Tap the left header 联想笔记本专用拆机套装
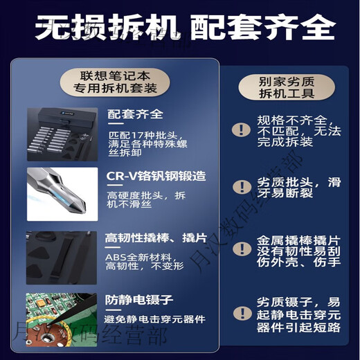coord(114,81)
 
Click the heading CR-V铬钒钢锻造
coord(156,176)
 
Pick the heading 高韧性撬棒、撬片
coord(155,238)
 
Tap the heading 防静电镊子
coord(138,300)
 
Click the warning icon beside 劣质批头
coord(241,187)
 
